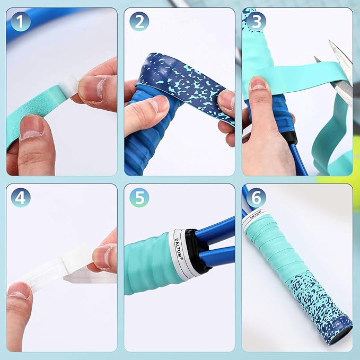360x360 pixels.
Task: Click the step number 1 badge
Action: (x=20, y=21)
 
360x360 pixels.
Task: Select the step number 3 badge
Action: (x=256, y=21)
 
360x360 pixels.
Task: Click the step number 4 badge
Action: (x=20, y=197)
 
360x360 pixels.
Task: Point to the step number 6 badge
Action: (x=256, y=197)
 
